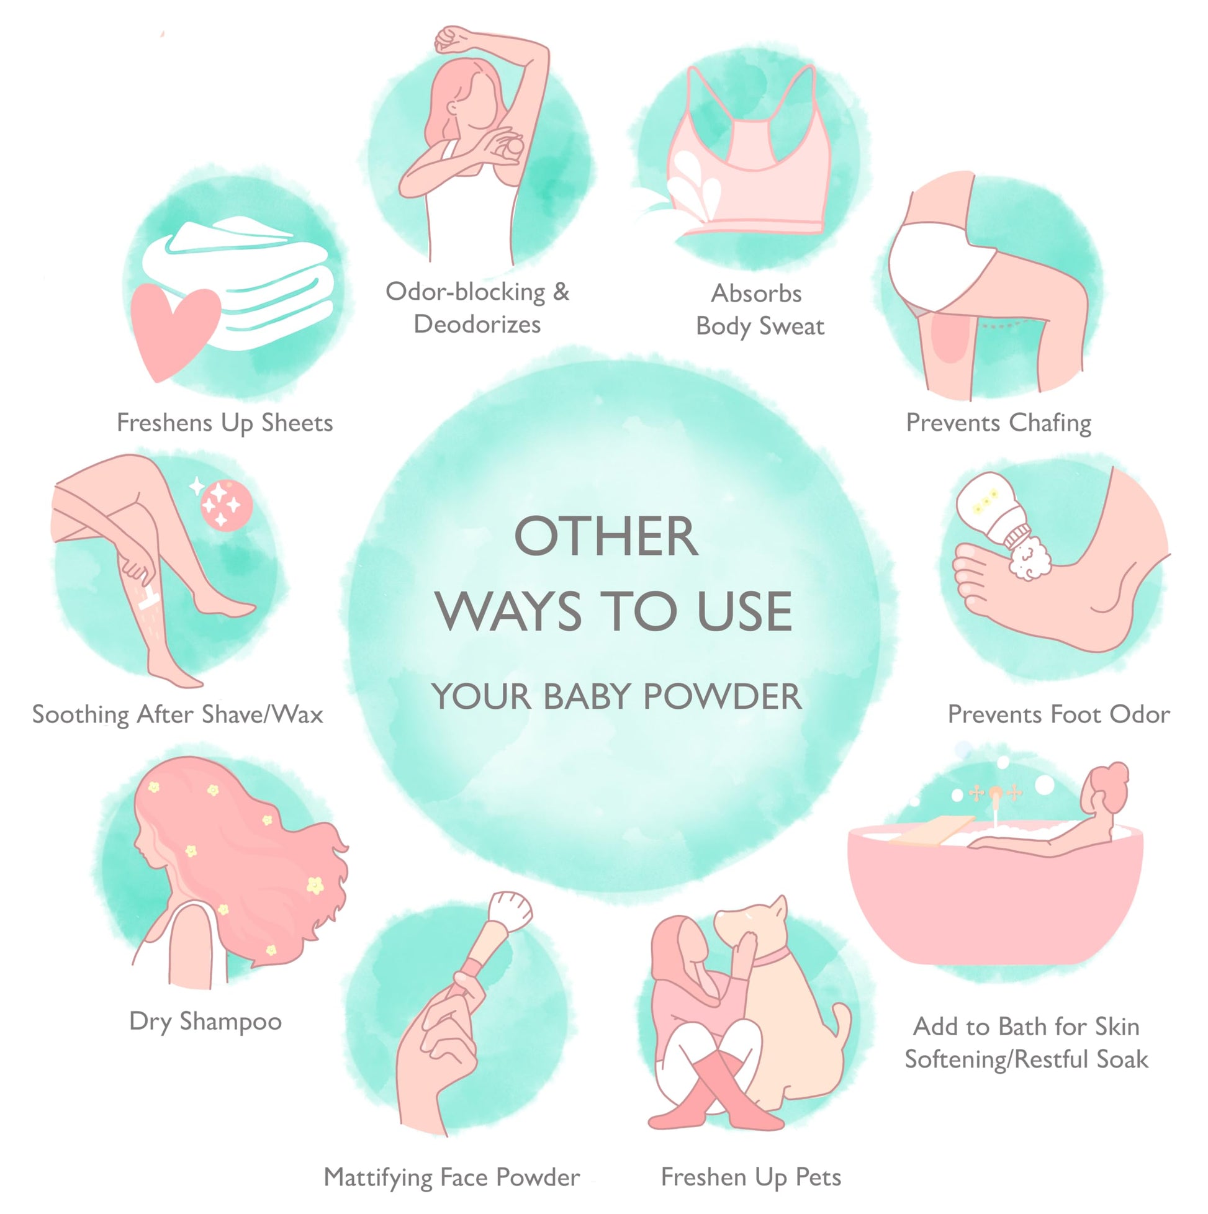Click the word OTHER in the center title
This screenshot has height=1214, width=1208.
(606, 537)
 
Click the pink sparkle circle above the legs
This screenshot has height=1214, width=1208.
(226, 505)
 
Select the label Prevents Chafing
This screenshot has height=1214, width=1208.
(998, 423)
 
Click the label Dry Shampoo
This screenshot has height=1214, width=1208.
(205, 1022)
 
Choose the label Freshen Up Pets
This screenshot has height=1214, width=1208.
(751, 1177)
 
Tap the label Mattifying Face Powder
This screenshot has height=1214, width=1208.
(451, 1177)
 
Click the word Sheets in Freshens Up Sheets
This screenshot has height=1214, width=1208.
(297, 423)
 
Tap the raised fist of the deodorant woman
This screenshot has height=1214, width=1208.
(451, 39)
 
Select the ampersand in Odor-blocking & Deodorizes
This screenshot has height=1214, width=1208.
(561, 292)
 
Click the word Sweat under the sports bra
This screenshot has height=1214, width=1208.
(792, 326)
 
